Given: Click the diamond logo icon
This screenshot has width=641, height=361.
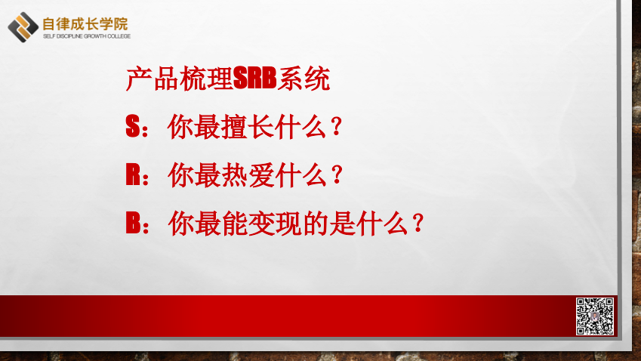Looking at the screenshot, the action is pos(23,27).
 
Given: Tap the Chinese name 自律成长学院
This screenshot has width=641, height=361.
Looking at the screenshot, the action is pos(85,24).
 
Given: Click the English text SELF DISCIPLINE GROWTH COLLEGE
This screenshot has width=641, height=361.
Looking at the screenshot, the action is pos(87,36).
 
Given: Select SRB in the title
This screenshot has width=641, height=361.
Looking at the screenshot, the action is pos(254,78).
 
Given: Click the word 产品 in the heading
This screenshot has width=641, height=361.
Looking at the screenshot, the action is pos(152,79).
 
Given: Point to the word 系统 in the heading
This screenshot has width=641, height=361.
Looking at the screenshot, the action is pos(304,79).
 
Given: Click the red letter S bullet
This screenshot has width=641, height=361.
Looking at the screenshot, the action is pos(133,126).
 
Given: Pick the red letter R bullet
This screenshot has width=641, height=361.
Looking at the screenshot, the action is pos(133,174).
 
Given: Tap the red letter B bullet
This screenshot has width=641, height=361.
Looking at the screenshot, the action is pos(133,223).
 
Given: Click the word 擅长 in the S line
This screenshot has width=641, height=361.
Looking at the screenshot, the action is pos(248,127).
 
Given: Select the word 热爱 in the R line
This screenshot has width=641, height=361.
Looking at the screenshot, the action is pos(248,175).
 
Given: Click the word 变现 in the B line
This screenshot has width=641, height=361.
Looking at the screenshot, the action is pos(275,224).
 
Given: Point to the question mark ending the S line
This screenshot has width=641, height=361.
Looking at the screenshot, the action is pos(337,126).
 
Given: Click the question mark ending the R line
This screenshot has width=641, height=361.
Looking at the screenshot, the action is pos(337,174).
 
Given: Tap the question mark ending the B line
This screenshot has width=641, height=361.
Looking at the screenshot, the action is pos(418,223).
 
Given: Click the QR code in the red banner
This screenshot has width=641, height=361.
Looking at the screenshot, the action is pos(595,316).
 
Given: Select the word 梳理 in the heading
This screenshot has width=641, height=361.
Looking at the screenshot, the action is pos(206,79).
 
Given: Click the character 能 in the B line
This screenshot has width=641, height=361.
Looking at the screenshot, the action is pos(235,224).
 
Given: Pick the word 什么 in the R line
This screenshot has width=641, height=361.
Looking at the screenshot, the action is pos(301,175).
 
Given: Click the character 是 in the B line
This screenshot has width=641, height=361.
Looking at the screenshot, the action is pos(342,224).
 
